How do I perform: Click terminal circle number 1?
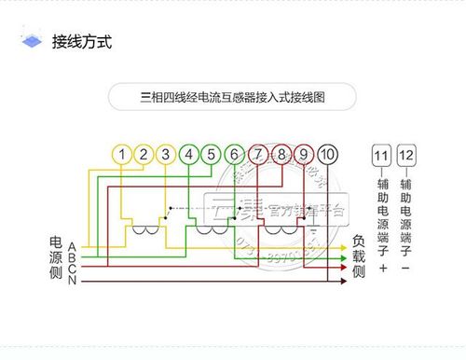click(121, 154)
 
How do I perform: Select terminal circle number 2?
click(144, 154)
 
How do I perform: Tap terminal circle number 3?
click(166, 154)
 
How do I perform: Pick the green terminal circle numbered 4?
click(189, 154)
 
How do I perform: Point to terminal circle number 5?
click(212, 154)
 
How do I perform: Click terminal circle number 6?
click(235, 154)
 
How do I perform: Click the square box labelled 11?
click(382, 155)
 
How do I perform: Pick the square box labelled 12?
click(406, 155)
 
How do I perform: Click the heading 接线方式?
click(82, 43)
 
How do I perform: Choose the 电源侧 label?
click(56, 258)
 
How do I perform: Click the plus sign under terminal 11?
click(382, 269)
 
